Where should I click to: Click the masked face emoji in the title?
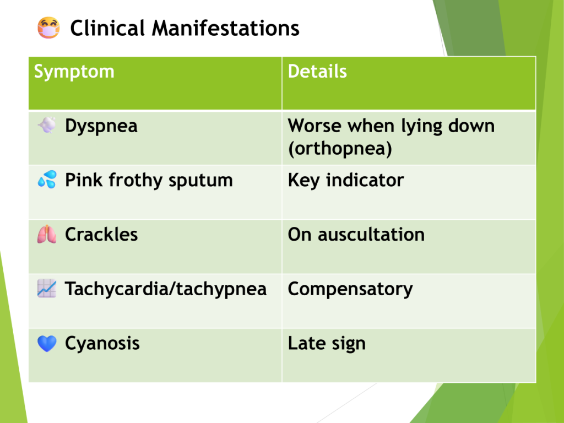click(x=48, y=28)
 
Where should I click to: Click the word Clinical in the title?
click(x=107, y=28)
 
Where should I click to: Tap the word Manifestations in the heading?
click(x=225, y=28)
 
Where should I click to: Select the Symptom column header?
click(x=74, y=72)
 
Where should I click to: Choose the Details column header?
click(x=317, y=71)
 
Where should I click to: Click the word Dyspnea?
click(x=101, y=126)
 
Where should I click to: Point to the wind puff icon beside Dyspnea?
click(x=47, y=125)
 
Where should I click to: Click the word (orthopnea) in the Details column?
click(x=340, y=149)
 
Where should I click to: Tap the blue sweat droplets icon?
click(x=47, y=179)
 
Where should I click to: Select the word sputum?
click(x=200, y=181)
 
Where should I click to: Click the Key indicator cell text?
click(x=346, y=180)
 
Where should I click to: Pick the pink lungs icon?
click(x=47, y=234)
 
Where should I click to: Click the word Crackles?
click(x=101, y=235)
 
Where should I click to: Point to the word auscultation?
click(x=371, y=235)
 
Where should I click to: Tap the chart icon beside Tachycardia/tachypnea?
click(x=47, y=288)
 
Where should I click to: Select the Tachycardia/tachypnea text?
click(x=165, y=289)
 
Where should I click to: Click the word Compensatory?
click(x=350, y=289)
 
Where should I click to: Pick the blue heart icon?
click(x=47, y=344)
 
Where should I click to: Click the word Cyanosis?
click(x=102, y=344)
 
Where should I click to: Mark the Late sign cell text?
click(x=327, y=344)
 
